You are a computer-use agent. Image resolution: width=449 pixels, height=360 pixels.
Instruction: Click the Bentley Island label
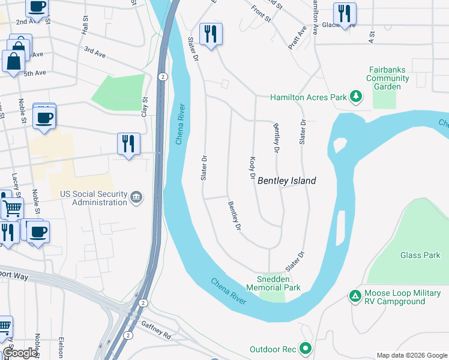(286, 181)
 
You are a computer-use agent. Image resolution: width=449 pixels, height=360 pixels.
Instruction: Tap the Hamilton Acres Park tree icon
(355, 96)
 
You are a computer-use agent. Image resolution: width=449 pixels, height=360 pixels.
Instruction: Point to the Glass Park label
(420, 255)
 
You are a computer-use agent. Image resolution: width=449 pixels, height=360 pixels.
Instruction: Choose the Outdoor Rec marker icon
(306, 348)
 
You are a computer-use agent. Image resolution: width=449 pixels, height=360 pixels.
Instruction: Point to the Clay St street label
(145, 108)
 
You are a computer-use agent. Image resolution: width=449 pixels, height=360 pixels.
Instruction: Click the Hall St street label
(84, 25)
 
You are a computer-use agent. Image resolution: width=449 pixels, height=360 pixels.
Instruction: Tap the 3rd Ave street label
(95, 52)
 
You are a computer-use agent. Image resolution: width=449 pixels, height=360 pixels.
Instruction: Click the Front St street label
(262, 13)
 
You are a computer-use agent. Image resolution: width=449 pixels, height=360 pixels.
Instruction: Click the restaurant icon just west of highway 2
(128, 144)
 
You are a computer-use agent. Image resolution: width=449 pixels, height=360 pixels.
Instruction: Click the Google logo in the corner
(20, 353)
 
